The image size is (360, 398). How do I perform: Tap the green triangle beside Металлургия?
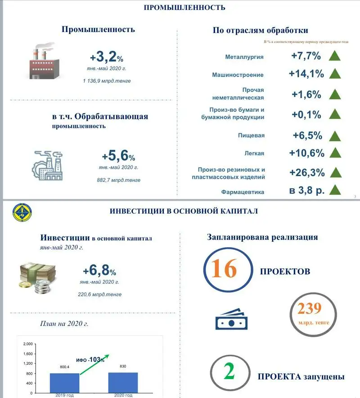click(x=334, y=56)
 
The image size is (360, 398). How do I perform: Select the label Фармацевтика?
click(x=243, y=192)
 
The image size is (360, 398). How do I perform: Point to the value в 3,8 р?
click(x=306, y=190)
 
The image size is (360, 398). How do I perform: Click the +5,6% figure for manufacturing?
click(x=118, y=156)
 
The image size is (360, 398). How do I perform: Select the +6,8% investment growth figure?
click(x=99, y=271)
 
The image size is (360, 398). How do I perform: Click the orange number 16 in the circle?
click(x=224, y=270)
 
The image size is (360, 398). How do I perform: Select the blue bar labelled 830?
click(x=123, y=383)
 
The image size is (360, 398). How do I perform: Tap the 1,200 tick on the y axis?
click(x=27, y=363)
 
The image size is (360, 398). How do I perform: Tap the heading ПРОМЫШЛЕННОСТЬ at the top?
click(x=184, y=8)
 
